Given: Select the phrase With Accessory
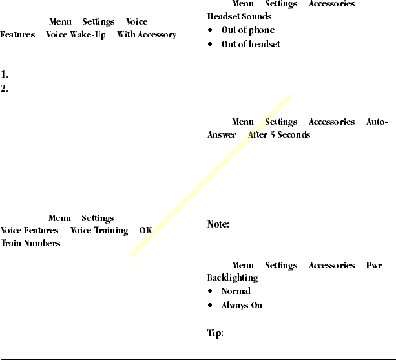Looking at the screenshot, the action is tap(147, 35).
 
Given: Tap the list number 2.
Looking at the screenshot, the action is tap(5, 89).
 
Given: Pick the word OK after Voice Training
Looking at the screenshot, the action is tap(145, 231).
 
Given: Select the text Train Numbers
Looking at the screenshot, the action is tap(30, 244).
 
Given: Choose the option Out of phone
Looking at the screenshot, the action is tap(247, 30).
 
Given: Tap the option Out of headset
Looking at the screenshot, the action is tap(251, 45).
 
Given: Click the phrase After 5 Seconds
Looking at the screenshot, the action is tap(279, 135).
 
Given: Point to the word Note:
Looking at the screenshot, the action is tap(218, 225).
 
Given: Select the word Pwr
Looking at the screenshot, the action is tap(373, 266).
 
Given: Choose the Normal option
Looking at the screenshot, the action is tap(236, 291).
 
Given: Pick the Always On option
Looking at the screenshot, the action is tap(242, 305).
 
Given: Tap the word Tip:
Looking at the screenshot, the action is tap(215, 334).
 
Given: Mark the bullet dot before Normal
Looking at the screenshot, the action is tap(211, 291).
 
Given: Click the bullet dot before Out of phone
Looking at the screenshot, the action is tap(211, 30).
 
